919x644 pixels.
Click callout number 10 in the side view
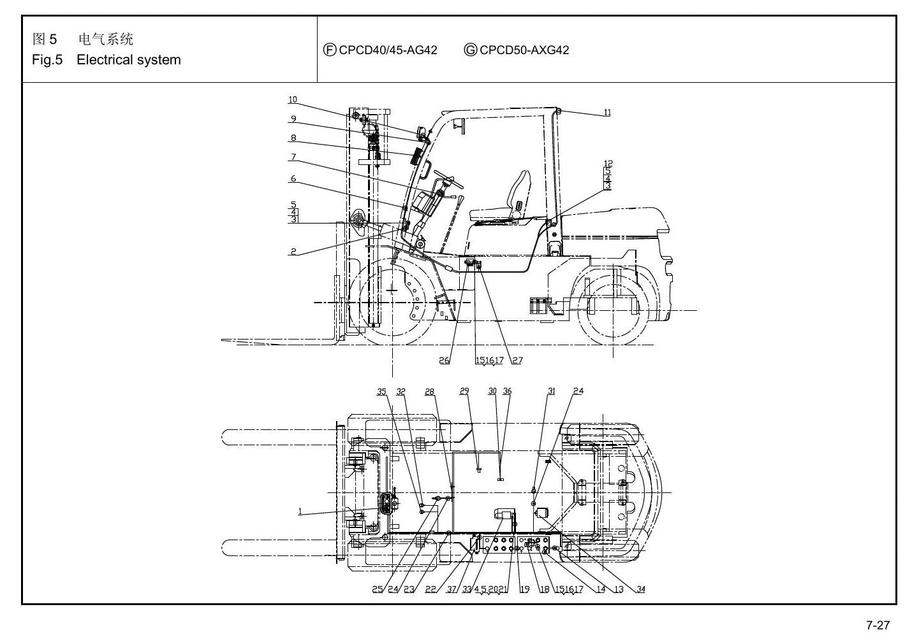coord(293,99)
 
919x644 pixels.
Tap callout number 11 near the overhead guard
coord(608,112)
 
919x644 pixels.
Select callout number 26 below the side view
coord(444,361)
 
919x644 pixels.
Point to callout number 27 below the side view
coord(517,361)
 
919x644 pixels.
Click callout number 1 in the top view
coord(300,512)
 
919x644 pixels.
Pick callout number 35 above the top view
coord(381,392)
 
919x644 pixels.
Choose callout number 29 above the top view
coord(464,391)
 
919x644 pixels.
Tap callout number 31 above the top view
coord(552,391)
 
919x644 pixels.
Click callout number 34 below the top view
coord(640,589)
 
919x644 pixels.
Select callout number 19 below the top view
coord(525,589)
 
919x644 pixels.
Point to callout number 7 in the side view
coord(293,157)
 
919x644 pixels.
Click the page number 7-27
coord(878,625)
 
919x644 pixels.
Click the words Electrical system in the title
coord(129,60)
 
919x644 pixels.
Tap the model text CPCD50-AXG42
coord(524,50)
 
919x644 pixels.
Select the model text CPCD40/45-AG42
coord(388,50)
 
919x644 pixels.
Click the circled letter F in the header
coord(330,50)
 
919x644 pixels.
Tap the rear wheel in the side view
coord(613,310)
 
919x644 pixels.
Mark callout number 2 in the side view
coord(293,252)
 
